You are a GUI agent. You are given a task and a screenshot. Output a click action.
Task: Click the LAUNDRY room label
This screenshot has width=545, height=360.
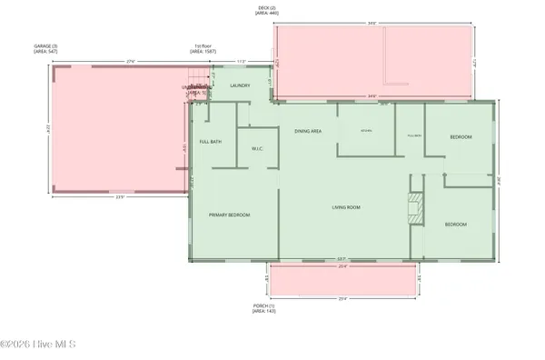(x=240, y=85)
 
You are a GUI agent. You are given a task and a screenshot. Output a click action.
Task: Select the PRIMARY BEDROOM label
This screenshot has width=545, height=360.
(x=229, y=215)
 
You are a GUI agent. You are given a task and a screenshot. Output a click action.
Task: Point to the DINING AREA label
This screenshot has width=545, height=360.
(x=308, y=132)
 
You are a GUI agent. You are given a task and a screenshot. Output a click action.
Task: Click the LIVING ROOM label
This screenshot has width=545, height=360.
(x=345, y=207)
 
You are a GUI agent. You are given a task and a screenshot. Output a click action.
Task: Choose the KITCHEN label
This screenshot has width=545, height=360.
(x=366, y=131)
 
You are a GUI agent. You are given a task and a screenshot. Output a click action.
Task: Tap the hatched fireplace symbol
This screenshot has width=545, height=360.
(x=414, y=208)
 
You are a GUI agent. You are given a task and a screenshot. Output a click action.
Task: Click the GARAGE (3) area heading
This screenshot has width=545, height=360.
(x=72, y=47)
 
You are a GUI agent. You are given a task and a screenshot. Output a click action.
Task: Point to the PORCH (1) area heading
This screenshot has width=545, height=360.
(x=264, y=308)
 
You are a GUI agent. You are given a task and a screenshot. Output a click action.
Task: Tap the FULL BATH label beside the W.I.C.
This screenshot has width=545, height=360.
(x=210, y=141)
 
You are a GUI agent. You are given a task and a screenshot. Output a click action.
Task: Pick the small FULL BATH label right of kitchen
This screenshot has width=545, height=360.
(x=414, y=135)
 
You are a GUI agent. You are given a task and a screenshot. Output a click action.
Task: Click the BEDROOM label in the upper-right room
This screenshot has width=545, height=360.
(x=461, y=137)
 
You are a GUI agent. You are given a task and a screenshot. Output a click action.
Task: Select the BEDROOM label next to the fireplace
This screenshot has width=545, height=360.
(x=454, y=224)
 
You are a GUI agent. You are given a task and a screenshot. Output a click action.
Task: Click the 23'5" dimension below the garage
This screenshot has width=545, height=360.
(x=119, y=197)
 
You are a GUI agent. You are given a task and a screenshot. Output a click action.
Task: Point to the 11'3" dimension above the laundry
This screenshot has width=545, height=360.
(x=240, y=62)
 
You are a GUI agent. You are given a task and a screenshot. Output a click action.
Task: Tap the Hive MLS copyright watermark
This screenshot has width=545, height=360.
(x=38, y=345)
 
